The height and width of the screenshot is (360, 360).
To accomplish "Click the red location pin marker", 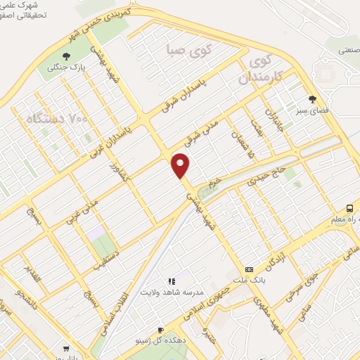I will tap(181, 165).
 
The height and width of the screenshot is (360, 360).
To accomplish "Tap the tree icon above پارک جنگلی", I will tap(66, 56).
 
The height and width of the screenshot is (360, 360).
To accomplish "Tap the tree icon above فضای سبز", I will tap(311, 99).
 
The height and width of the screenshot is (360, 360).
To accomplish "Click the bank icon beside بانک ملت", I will tap(249, 269).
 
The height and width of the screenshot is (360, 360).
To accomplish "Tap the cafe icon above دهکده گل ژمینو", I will tap(160, 330).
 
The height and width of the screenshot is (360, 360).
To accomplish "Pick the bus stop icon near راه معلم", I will tap(349, 208).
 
